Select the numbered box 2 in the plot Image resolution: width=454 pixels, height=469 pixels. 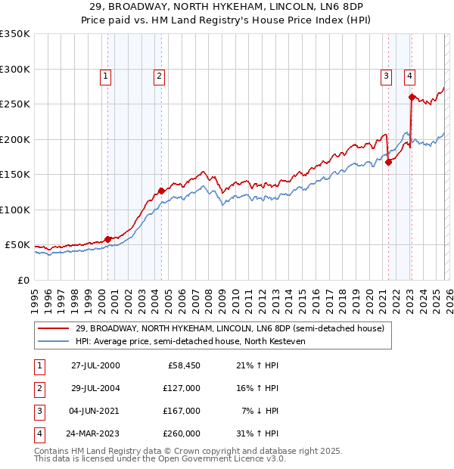click(x=159, y=75)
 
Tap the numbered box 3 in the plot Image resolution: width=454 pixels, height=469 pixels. click(x=386, y=75)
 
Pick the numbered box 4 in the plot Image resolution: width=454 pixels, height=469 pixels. click(x=409, y=75)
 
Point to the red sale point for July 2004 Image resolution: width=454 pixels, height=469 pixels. click(x=161, y=191)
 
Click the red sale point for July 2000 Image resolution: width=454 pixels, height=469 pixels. click(x=107, y=239)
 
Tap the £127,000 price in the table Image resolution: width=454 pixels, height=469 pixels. click(x=182, y=388)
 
